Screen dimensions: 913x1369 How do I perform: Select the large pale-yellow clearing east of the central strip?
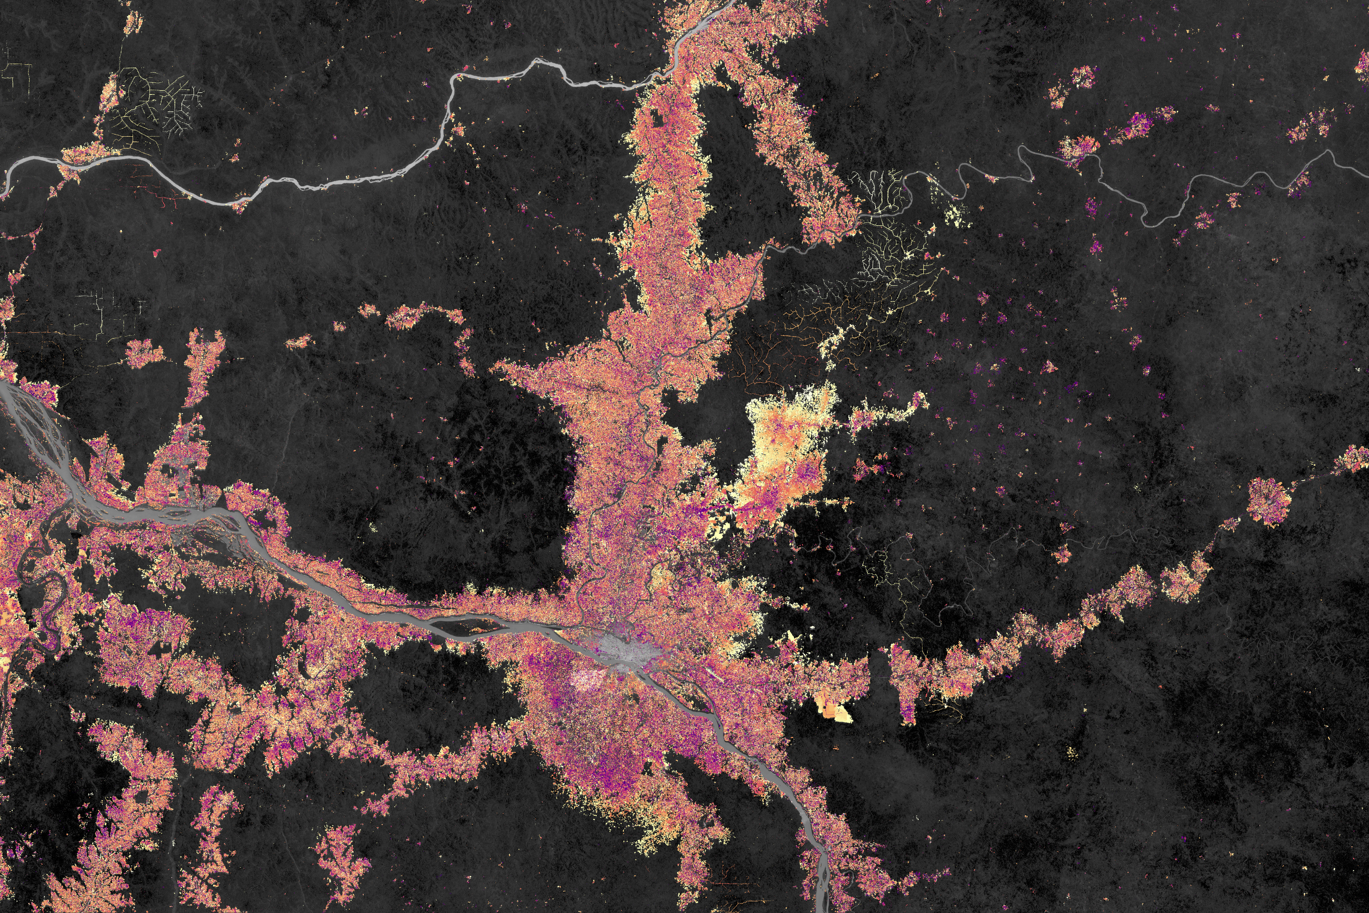pyautogui.click(x=786, y=442)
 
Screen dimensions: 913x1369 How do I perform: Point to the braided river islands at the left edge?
pyautogui.click(x=35, y=425)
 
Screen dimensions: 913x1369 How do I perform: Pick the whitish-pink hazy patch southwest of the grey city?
pyautogui.click(x=588, y=678)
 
